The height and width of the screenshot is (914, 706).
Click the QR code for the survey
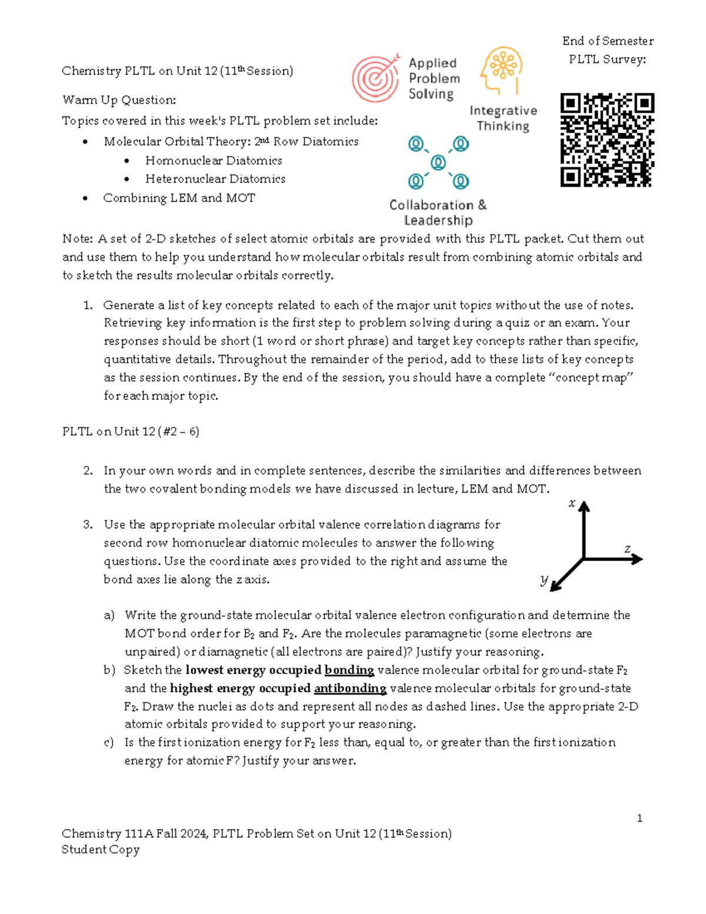pos(607,140)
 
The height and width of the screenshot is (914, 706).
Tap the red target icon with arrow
pos(375,78)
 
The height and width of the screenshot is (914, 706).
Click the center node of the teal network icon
pos(438,162)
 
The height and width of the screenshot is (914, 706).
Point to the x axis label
pos(571,503)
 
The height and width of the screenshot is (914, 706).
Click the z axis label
pos(627,549)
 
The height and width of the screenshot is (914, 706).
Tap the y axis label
pos(544,580)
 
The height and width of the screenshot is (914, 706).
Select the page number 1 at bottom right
pos(640,818)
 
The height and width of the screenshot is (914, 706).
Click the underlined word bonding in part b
pos(349,670)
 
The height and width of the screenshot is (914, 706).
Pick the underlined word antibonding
pos(350,688)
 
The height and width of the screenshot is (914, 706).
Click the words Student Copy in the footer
pos(101,849)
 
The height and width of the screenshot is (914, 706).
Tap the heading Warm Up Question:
pos(119,100)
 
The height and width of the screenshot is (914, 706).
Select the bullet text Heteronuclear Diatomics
pos(215,179)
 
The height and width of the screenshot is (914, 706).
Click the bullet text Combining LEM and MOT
pos(179,198)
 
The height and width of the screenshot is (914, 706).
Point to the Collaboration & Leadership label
pos(438,212)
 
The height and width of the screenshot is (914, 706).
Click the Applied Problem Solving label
pos(434,78)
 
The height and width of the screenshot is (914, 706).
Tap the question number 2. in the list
pos(88,470)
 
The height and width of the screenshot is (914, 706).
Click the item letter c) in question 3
pos(109,742)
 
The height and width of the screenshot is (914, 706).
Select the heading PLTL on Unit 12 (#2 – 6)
pos(131,431)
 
